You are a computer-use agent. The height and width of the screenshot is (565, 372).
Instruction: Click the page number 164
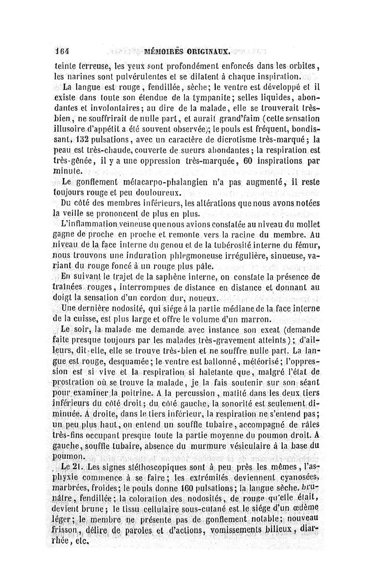(x=61, y=52)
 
